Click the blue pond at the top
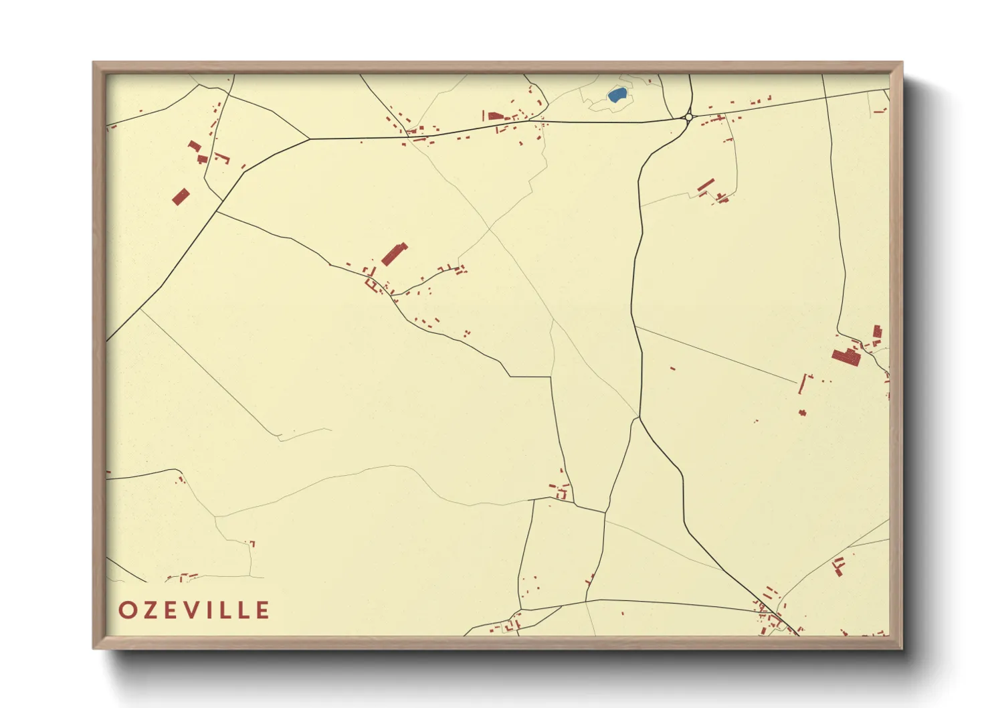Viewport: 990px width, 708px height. [x=617, y=95]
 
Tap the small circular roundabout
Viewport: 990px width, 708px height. [x=688, y=118]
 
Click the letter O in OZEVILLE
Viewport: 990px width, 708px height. [x=127, y=610]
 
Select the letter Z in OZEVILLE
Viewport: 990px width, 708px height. [x=151, y=610]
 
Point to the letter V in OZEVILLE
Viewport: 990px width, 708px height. [x=194, y=610]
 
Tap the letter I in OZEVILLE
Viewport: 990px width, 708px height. [x=213, y=610]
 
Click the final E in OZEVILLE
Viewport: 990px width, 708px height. [x=263, y=610]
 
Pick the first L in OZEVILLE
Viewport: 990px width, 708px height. [x=228, y=610]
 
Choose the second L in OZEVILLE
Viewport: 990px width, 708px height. [x=245, y=610]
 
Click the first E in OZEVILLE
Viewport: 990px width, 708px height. [x=173, y=610]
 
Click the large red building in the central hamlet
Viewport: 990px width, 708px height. [x=394, y=254]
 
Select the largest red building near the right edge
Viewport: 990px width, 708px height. [x=846, y=357]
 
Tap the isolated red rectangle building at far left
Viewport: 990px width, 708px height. [x=181, y=197]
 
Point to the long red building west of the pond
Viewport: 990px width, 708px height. [x=495, y=116]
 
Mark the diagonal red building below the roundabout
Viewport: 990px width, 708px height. [x=706, y=185]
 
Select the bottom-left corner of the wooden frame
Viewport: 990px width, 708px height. [x=94, y=647]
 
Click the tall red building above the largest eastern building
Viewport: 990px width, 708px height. [x=878, y=331]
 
